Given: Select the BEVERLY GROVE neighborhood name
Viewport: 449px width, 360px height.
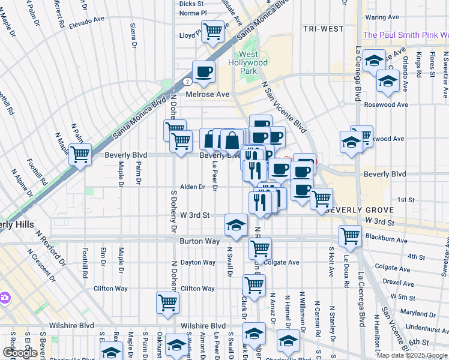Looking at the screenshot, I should click(359, 210).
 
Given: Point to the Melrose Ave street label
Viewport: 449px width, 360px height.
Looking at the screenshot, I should click(208, 94).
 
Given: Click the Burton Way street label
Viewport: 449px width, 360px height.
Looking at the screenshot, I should click(196, 241).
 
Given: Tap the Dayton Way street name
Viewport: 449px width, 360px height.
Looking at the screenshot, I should click(197, 262).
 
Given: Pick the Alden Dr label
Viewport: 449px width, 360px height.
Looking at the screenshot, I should click(193, 187).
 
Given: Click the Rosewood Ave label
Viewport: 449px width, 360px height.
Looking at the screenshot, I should click(385, 104).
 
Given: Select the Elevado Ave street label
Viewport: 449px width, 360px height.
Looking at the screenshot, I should click(87, 22).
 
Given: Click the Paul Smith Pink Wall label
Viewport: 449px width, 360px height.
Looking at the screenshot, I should click(406, 35).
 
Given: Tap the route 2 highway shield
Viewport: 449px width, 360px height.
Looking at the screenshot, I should click(188, 80).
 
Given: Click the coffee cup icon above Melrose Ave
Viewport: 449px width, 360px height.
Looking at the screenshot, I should click(203, 71).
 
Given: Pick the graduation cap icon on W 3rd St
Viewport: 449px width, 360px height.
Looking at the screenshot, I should click(236, 224).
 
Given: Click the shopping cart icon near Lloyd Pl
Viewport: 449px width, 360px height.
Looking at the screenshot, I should click(212, 31).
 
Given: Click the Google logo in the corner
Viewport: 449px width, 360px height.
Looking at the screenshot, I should click(20, 353).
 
